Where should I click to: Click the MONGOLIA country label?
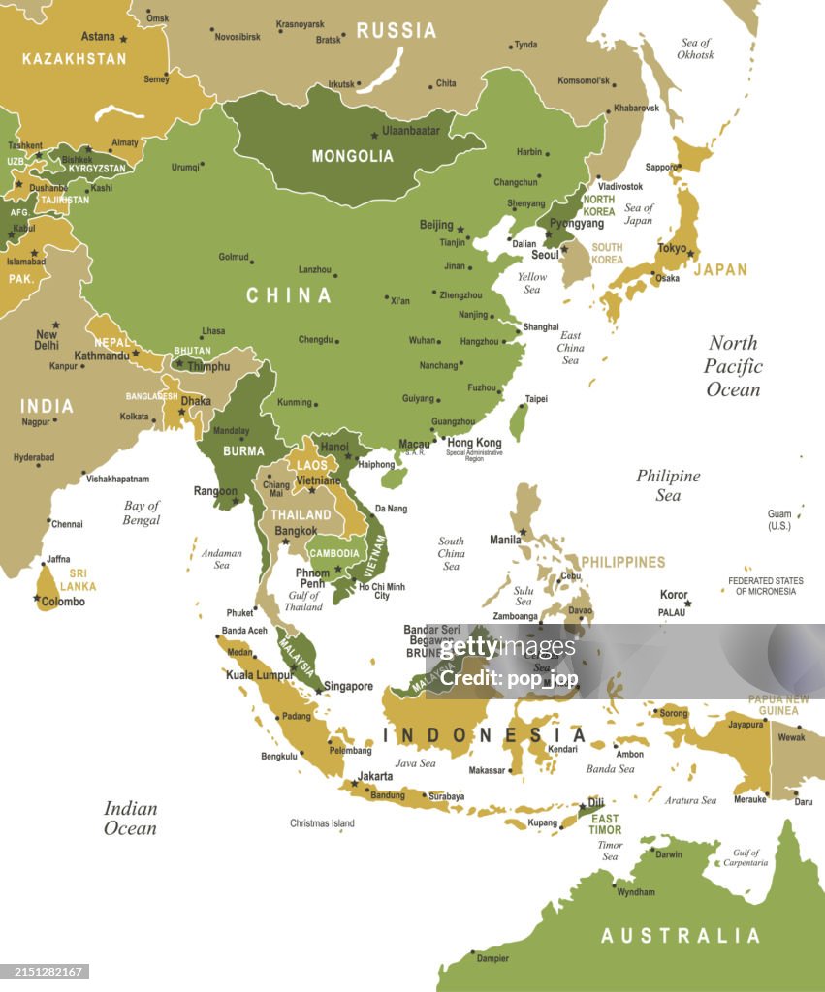352,156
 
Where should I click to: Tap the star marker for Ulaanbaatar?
374,136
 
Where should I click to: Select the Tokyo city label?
672,248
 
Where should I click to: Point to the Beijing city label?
436,225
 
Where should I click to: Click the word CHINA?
288,295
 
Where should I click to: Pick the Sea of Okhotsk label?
695,48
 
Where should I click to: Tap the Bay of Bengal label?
142,512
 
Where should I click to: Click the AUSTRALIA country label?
681,936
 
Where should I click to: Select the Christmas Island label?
322,823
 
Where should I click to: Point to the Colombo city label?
63,602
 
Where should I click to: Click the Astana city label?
98,37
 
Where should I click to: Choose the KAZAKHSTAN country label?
74,59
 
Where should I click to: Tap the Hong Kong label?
474,443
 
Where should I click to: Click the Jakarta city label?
375,776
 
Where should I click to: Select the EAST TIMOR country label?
605,823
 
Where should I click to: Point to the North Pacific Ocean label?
733,366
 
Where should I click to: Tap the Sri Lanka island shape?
47,588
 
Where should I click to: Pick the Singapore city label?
348,686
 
